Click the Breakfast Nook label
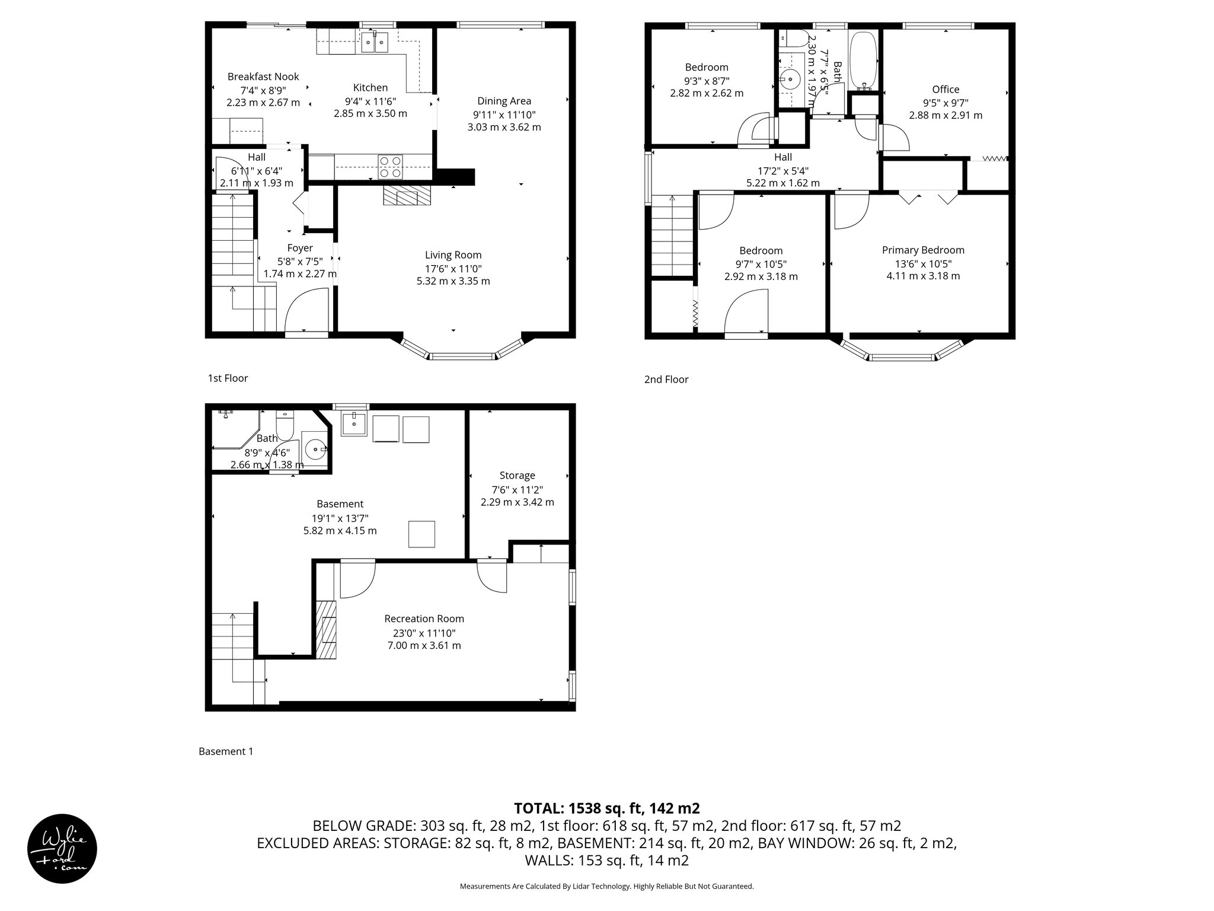click(263, 77)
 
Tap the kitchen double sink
click(374, 42)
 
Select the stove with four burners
click(390, 166)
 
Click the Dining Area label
click(504, 101)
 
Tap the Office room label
click(945, 89)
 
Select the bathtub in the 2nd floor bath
click(864, 59)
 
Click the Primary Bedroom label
click(923, 250)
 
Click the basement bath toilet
click(285, 425)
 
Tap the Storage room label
click(517, 475)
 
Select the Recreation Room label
click(424, 619)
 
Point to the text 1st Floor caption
click(228, 378)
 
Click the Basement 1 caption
click(226, 751)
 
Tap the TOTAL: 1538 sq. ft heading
click(606, 808)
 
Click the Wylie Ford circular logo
click(62, 848)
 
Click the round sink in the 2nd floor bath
click(790, 79)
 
